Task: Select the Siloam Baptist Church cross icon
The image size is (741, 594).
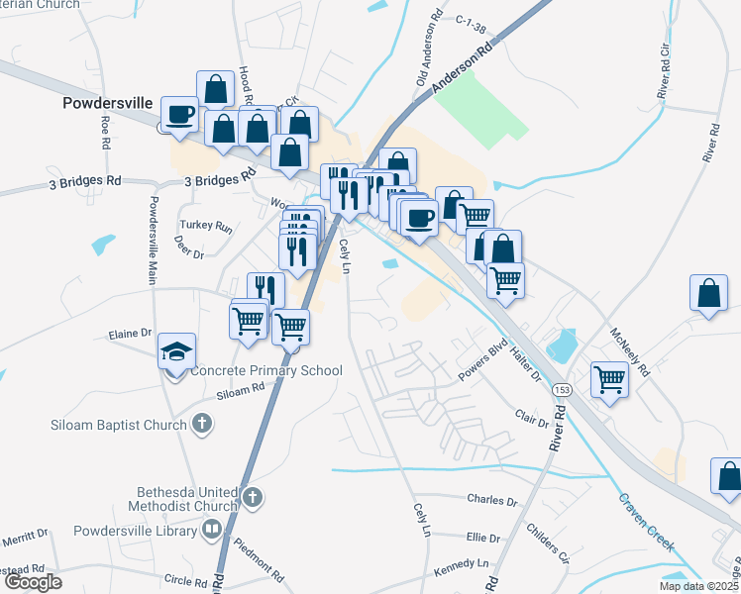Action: pos(201,425)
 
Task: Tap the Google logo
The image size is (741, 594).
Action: pos(33,582)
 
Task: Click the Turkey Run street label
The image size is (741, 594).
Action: pos(206,227)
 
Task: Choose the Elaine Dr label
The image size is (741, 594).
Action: pos(131,334)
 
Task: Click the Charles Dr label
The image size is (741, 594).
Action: pos(491,502)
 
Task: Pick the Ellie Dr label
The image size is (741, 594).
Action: pos(482,538)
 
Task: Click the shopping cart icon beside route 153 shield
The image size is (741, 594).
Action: pos(608,378)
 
